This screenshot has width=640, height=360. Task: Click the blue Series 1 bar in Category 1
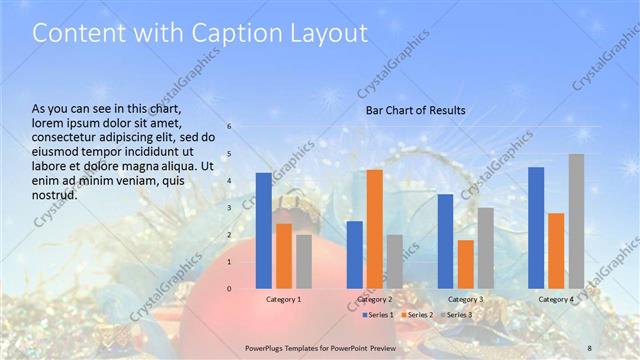[x=263, y=231]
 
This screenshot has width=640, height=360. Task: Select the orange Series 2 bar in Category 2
[x=374, y=229]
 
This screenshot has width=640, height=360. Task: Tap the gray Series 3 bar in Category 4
[x=577, y=221]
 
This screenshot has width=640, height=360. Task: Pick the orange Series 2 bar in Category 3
[x=465, y=264]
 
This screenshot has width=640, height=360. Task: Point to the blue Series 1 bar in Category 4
[x=536, y=228]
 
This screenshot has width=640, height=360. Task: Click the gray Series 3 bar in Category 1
[x=304, y=262]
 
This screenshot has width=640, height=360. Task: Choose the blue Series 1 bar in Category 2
[x=354, y=255]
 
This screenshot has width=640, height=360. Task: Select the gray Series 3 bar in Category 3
[x=485, y=248]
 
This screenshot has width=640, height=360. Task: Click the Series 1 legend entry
[x=379, y=314]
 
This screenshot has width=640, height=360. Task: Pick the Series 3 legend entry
[x=456, y=314]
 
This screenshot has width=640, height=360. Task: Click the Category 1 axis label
[x=284, y=299]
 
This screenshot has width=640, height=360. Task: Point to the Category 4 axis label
[x=556, y=299]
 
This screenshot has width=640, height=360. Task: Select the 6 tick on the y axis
[x=229, y=127]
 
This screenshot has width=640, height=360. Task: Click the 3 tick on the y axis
[x=229, y=208]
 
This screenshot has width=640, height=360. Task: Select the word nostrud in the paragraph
[x=55, y=194]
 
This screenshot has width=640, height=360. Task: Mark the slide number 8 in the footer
[x=590, y=347]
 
